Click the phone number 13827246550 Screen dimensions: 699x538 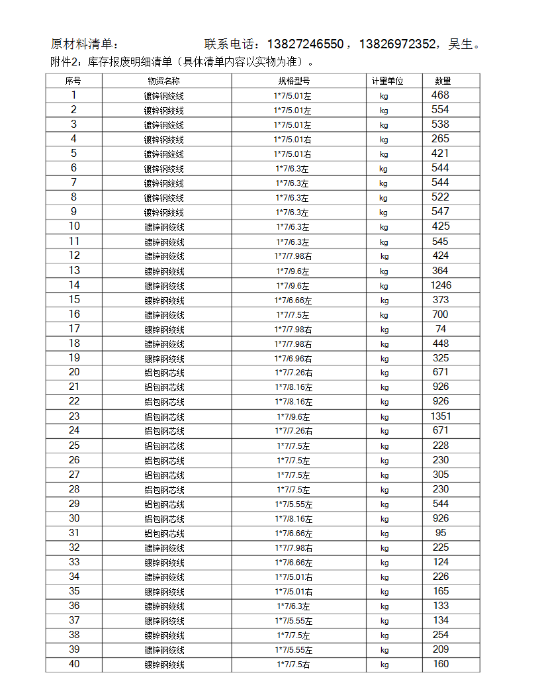[305, 44]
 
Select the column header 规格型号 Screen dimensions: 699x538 [294, 81]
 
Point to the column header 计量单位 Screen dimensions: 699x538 [387, 81]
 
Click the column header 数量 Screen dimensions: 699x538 [443, 81]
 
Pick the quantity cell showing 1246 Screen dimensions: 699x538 [441, 285]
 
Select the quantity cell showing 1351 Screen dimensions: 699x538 [441, 416]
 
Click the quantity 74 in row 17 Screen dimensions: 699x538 [441, 329]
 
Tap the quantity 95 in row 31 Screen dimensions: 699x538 [441, 533]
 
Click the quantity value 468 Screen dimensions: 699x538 [440, 95]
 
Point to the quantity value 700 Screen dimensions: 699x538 [440, 314]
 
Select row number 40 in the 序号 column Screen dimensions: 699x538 [74, 664]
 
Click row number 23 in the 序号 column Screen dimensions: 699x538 [74, 416]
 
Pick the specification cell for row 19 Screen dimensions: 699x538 [294, 358]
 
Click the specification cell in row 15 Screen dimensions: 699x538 [294, 300]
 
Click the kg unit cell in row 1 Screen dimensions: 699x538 [384, 95]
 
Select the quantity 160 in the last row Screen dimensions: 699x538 [441, 664]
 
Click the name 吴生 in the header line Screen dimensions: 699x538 [461, 44]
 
